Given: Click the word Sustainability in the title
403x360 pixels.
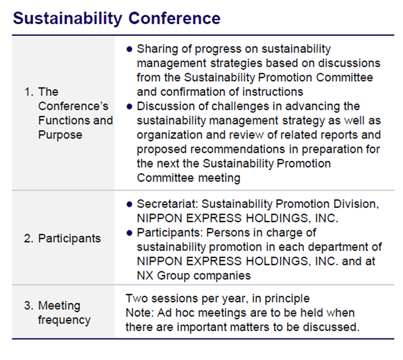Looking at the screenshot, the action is tap(68, 19).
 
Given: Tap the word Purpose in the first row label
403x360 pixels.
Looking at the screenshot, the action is tap(60, 135).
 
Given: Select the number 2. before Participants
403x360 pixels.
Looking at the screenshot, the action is tap(29, 239).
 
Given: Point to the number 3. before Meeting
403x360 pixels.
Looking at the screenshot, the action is tap(29, 306).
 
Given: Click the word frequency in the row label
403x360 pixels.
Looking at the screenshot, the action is tap(64, 320).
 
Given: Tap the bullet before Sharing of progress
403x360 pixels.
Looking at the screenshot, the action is tap(129, 49).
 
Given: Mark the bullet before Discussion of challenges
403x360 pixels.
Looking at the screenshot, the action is tap(129, 107).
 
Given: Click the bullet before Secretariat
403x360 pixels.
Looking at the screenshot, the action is tap(129, 204).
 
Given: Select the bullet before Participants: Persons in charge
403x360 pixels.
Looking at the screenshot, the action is tap(129, 233).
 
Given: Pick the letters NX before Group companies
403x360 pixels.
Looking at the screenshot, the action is tap(145, 276).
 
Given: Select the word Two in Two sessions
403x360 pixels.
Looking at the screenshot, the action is tap(137, 298).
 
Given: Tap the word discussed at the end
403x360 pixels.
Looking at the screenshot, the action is tap(331, 327).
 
